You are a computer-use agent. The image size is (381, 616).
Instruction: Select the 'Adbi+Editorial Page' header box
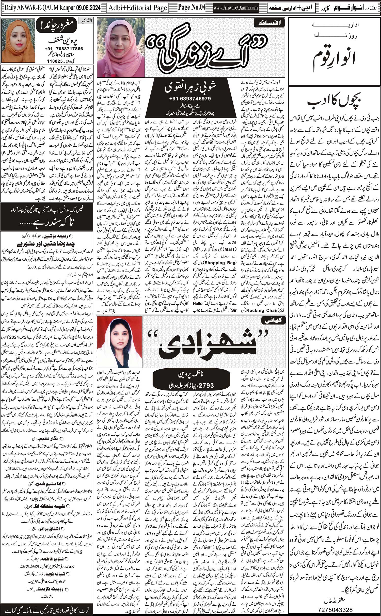point(138,8)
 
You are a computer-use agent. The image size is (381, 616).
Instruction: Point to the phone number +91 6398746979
point(189,99)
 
